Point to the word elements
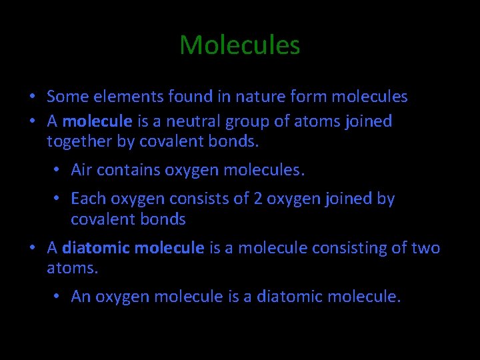[119, 97]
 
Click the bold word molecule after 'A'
[97, 121]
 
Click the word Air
[81, 170]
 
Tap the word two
[425, 248]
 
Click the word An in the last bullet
[81, 297]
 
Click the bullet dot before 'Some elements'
[33, 97]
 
